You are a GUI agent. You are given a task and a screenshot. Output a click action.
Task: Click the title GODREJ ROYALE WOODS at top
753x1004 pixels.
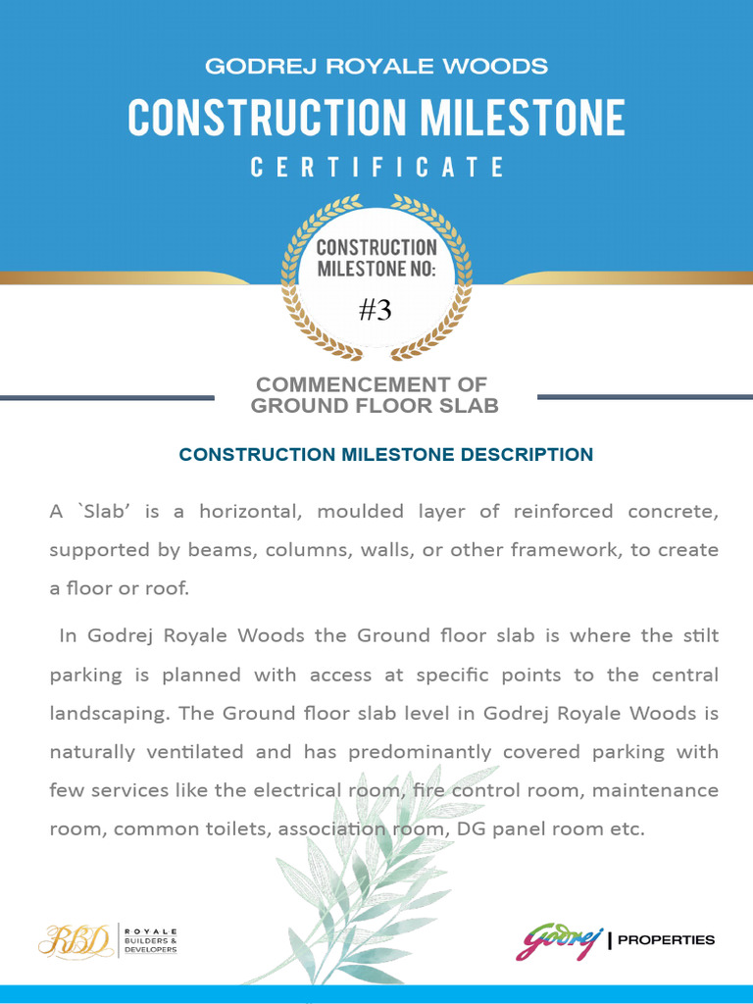pyautogui.click(x=376, y=67)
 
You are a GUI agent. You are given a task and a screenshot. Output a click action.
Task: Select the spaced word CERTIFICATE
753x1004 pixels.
pyautogui.click(x=376, y=168)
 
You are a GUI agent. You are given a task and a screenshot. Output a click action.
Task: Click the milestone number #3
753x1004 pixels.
pyautogui.click(x=376, y=311)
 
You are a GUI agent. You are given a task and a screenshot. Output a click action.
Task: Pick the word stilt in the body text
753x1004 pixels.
pyautogui.click(x=701, y=635)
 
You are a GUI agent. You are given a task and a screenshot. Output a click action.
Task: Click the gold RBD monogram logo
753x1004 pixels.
pyautogui.click(x=75, y=939)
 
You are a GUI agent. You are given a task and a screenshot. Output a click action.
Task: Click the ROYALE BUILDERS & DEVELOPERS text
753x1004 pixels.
pyautogui.click(x=150, y=939)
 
